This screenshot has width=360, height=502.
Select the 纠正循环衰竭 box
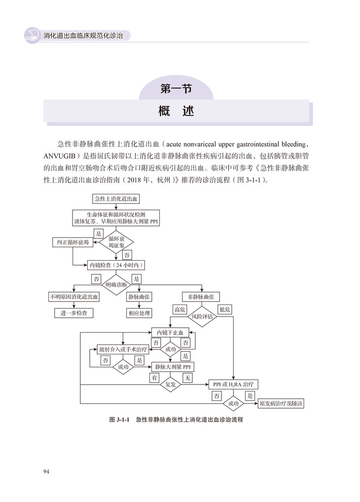point(72,242)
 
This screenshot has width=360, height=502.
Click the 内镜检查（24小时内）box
point(118,266)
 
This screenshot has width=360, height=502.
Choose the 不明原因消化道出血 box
point(73,297)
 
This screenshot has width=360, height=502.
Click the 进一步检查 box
point(73,313)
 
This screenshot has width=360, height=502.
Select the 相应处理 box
point(140,313)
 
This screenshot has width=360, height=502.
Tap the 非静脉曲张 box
point(201,297)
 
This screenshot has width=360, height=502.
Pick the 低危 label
point(225,309)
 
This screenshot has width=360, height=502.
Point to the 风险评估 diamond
point(202,316)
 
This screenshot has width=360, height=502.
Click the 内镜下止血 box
point(170,333)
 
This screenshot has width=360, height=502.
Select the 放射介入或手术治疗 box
point(123,348)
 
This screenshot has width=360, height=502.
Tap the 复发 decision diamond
point(171,384)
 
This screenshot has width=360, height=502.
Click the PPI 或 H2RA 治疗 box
point(234,384)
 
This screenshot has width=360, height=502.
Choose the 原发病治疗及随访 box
point(281,403)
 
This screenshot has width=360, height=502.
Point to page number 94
point(46,472)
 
